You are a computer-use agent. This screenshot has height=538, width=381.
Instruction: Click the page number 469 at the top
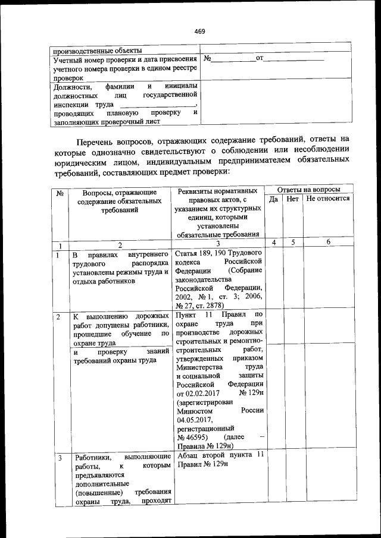(x=199, y=32)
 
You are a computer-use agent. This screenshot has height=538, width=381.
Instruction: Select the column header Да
(x=274, y=200)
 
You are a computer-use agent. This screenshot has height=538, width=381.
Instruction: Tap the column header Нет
(x=292, y=200)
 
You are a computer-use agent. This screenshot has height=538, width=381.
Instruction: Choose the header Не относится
(x=328, y=200)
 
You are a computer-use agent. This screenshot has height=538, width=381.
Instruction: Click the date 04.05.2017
(x=196, y=419)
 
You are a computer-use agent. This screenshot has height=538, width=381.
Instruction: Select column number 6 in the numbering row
(x=328, y=243)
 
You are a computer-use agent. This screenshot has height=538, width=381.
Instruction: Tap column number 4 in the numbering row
(x=274, y=243)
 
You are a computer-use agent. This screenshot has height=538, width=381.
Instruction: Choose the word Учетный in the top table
(x=69, y=59)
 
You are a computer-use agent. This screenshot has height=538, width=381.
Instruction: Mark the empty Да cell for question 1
(x=274, y=278)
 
